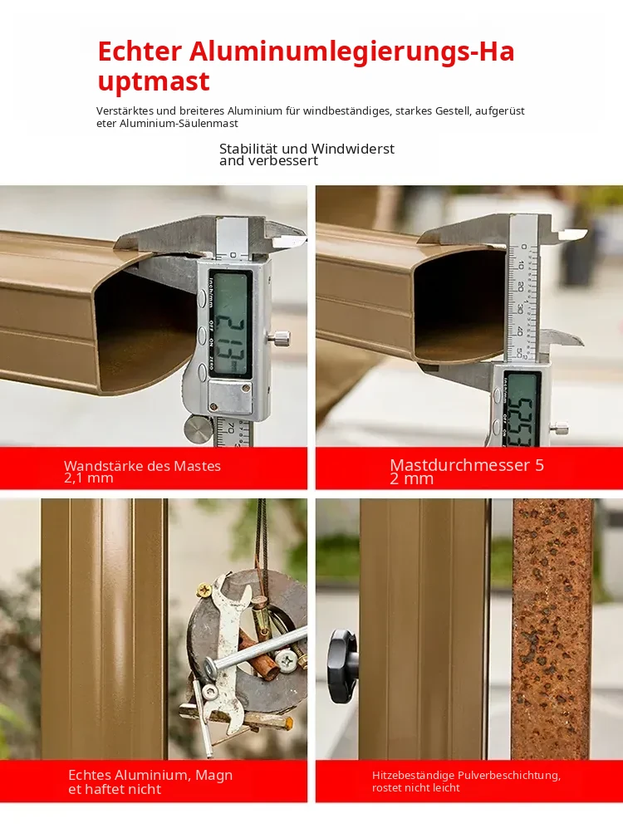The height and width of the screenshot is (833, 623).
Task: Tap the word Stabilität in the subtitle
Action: [248, 149]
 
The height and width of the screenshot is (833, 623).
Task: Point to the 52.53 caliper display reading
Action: [522, 419]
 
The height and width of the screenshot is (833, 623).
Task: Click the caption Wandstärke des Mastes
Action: [142, 466]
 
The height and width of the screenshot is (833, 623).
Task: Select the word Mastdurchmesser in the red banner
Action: [460, 465]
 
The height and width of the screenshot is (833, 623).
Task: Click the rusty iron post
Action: [552, 629]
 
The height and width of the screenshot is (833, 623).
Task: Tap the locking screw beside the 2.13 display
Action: [281, 336]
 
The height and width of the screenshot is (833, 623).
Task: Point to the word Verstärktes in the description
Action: [125, 111]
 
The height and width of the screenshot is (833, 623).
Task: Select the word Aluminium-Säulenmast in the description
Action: [179, 124]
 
